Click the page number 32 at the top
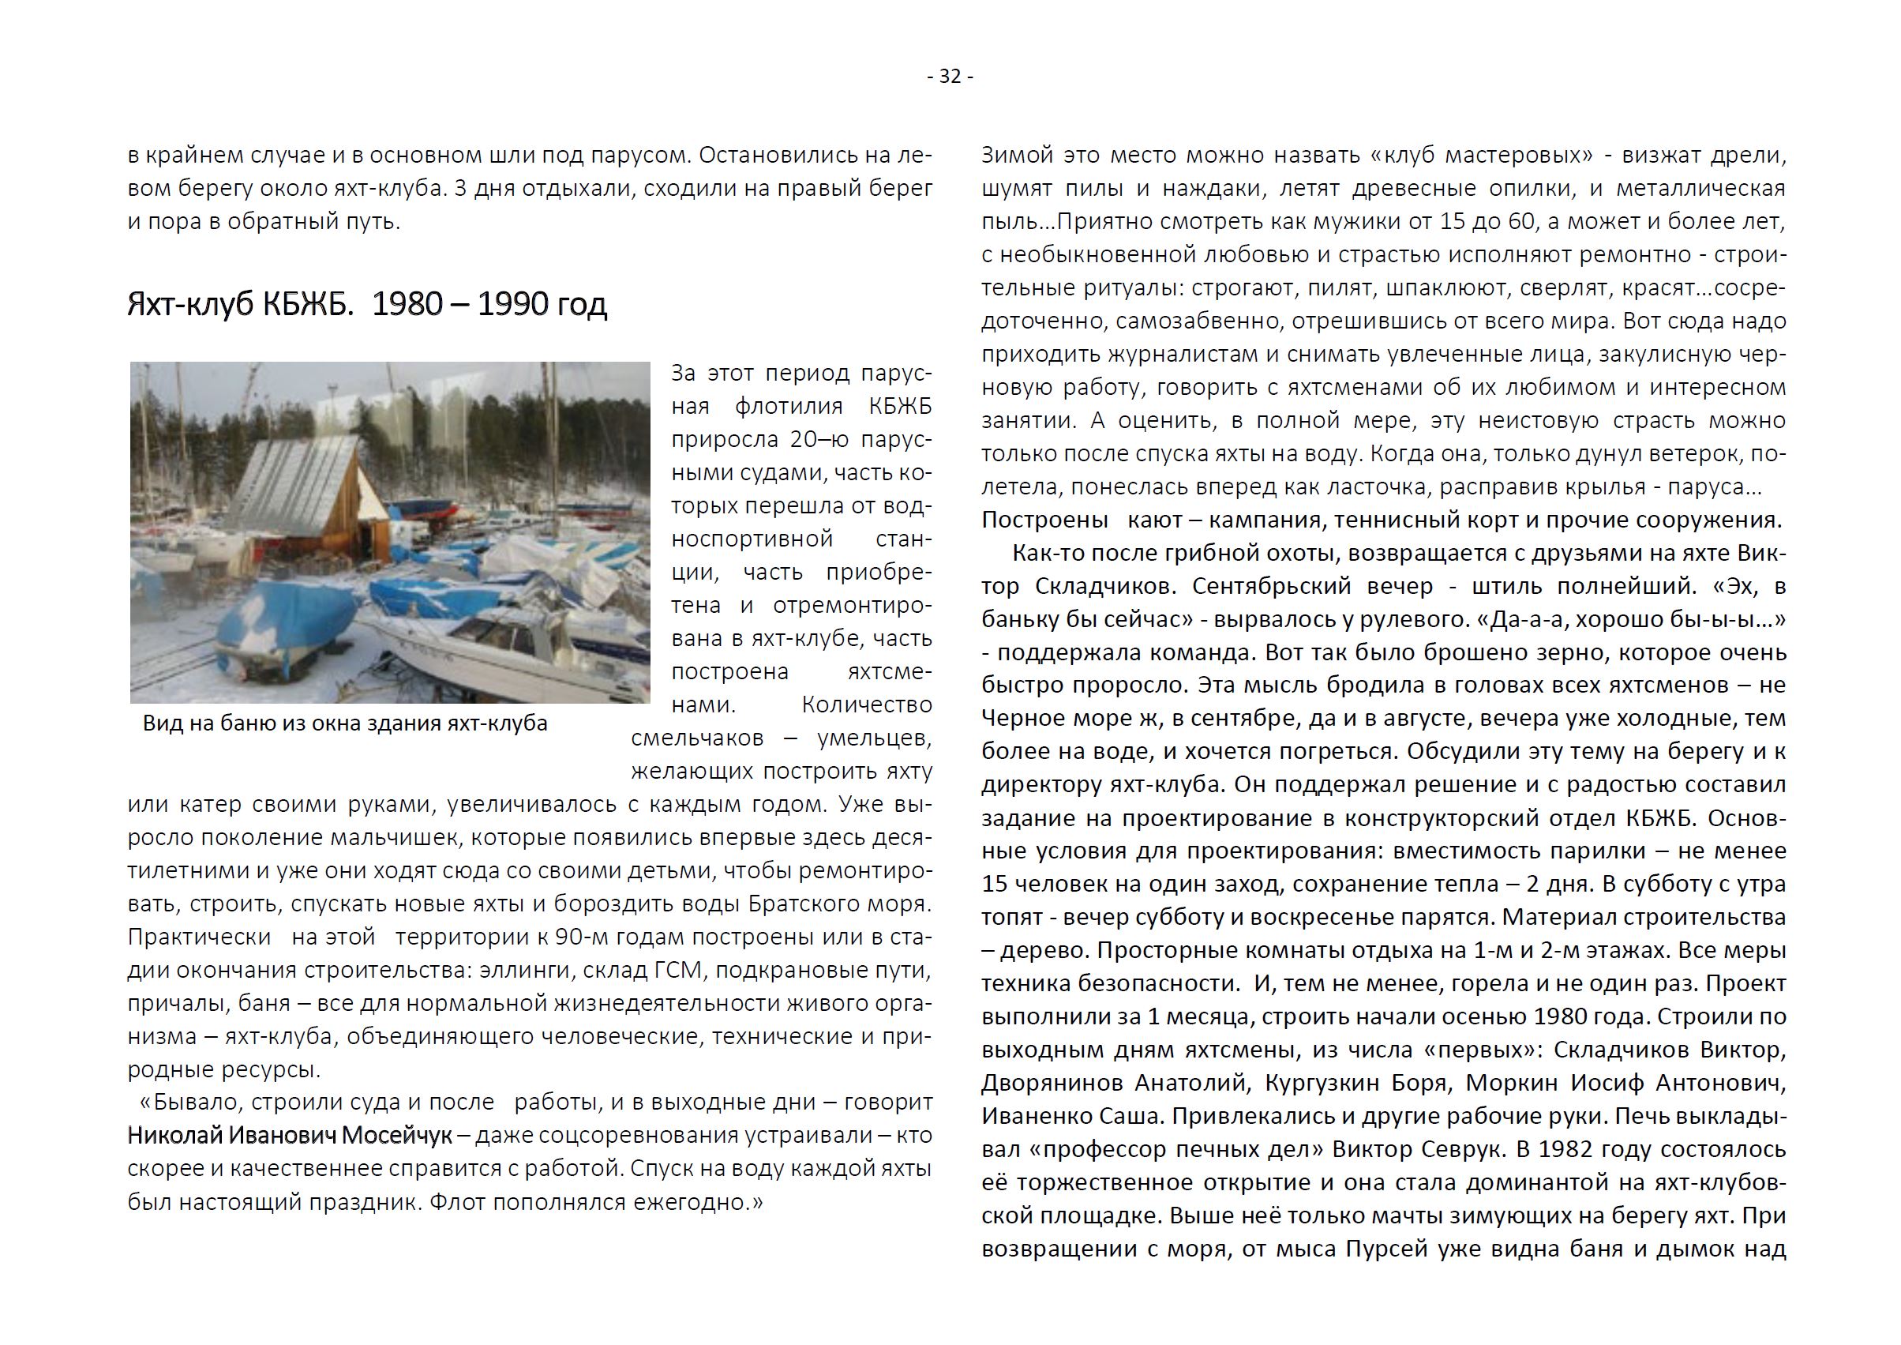[x=950, y=76]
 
